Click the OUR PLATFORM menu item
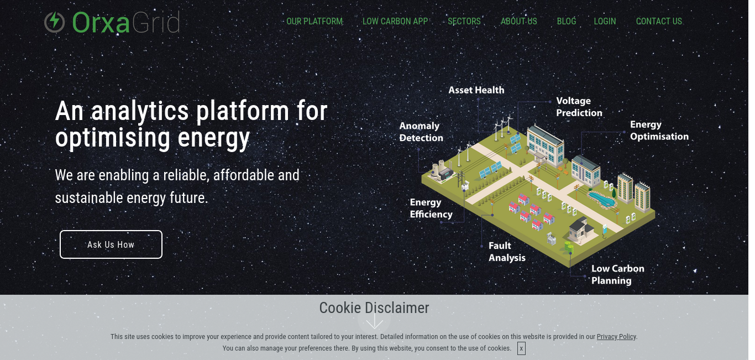coord(314,21)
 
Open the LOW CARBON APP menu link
coord(395,21)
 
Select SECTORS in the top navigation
coord(464,21)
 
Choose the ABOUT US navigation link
coord(519,21)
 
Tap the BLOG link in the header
coord(566,21)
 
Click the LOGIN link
coord(605,21)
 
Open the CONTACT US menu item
coord(659,21)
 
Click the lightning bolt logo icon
coord(54,22)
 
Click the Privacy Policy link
coord(616,336)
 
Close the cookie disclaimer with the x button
coord(521,348)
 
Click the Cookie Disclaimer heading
coord(374,308)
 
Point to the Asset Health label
coord(476,90)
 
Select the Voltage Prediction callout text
coord(579,107)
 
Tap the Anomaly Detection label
coord(421,132)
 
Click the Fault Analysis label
coord(507,252)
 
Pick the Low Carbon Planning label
coord(618,274)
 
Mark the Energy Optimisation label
coord(659,130)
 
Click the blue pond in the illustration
coord(602,199)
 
